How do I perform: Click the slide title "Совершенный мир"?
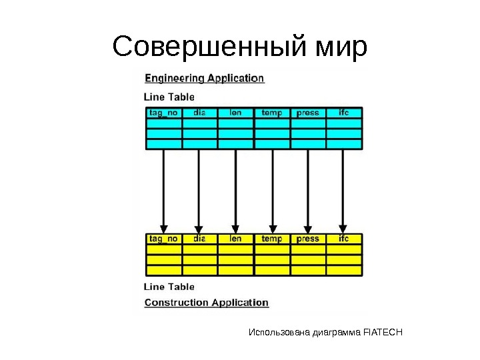tap(240, 47)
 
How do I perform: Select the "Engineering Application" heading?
tap(205, 78)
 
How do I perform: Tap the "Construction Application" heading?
tap(207, 303)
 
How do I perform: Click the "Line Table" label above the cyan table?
tap(169, 97)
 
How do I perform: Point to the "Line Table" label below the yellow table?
tap(169, 287)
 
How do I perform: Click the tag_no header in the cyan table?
tap(163, 113)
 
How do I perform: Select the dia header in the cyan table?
tap(199, 113)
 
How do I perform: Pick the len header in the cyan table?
tap(235, 113)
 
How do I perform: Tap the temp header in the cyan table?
tap(271, 113)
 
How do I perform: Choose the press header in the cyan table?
tap(307, 113)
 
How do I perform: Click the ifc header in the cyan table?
tap(344, 113)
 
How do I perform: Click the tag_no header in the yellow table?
tap(163, 239)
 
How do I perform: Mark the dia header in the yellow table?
tap(199, 239)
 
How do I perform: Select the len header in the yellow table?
tap(235, 239)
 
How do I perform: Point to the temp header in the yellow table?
tap(271, 239)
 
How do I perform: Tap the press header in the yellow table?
tap(307, 239)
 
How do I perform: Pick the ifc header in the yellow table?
tap(344, 239)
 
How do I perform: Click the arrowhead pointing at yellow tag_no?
tap(163, 227)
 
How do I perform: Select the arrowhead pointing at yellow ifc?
tap(343, 227)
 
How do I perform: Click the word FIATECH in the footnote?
tap(383, 332)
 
